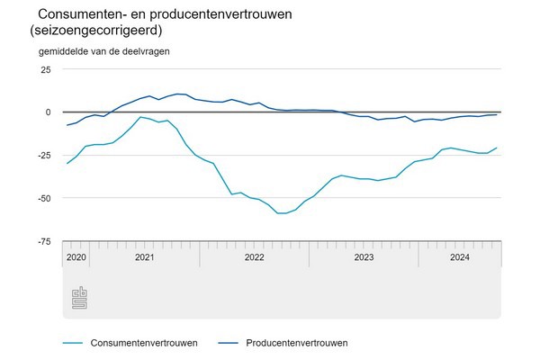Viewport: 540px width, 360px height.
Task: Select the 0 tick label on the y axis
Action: pyautogui.click(x=48, y=112)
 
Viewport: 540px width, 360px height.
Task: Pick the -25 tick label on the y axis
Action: pyautogui.click(x=43, y=155)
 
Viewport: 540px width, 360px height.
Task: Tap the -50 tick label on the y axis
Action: pyautogui.click(x=43, y=198)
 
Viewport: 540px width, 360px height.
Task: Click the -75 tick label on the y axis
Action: pyautogui.click(x=43, y=240)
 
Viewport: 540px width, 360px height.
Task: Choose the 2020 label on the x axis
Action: pyautogui.click(x=76, y=257)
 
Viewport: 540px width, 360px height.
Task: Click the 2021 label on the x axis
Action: pyautogui.click(x=144, y=257)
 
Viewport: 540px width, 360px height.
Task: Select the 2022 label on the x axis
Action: pyautogui.click(x=254, y=257)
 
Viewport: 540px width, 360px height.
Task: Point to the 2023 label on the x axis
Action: pyautogui.click(x=364, y=257)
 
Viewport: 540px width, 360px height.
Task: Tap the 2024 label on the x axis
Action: pyautogui.click(x=460, y=257)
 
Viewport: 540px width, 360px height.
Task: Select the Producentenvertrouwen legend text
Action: pyautogui.click(x=296, y=343)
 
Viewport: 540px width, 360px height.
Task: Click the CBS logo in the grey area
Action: pyautogui.click(x=79, y=297)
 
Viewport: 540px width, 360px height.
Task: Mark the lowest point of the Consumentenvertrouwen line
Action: pyautogui.click(x=282, y=213)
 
